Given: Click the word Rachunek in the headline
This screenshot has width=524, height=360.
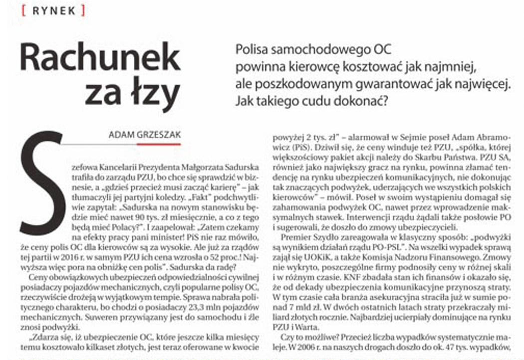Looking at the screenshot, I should click(x=100, y=58).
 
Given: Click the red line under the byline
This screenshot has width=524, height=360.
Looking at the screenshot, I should click(x=158, y=144).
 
